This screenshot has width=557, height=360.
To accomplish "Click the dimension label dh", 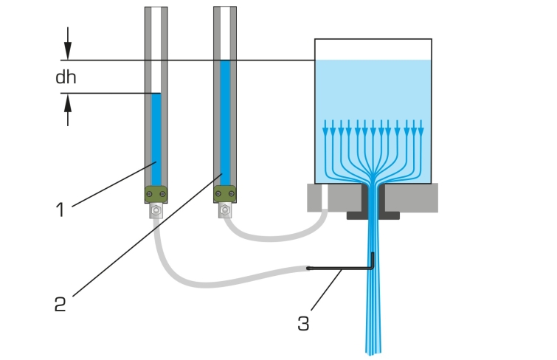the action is (x=66, y=77).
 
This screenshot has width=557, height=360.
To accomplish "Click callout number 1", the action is (x=60, y=210).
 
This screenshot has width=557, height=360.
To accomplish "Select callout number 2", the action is (x=60, y=304).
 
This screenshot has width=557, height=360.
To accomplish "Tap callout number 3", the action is (x=303, y=324).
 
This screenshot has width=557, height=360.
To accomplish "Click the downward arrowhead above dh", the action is (x=68, y=51).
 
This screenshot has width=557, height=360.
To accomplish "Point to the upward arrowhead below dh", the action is (x=68, y=103).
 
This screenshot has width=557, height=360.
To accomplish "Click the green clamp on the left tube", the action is (x=156, y=194).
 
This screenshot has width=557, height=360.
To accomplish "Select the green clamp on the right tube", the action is (x=225, y=194).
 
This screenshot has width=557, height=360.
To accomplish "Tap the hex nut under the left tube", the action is (x=156, y=211).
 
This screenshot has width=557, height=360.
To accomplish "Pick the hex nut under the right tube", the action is (x=225, y=210).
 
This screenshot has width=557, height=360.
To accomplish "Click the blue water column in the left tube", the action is (x=156, y=139).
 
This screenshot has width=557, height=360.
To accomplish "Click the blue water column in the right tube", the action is (x=225, y=123).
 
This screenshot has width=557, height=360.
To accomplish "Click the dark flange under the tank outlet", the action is (x=373, y=215).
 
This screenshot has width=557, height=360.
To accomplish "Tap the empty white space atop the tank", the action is (x=373, y=49).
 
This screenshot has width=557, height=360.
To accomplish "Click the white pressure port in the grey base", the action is (x=325, y=198).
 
